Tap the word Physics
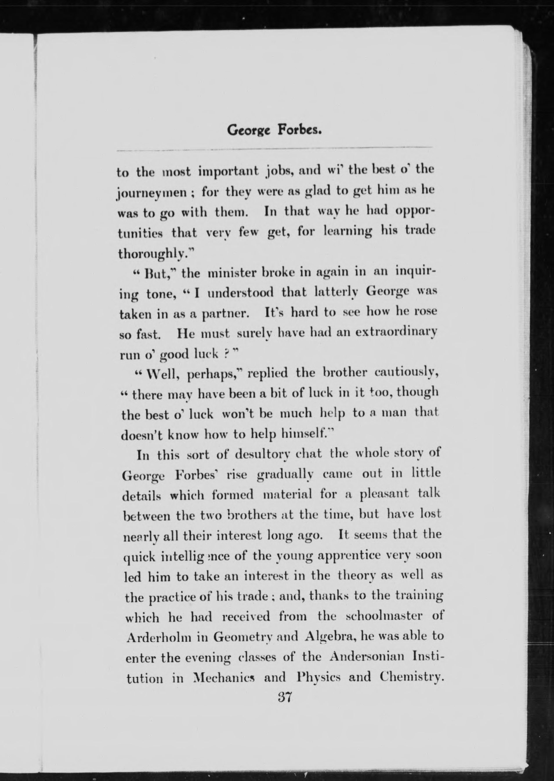[318, 677]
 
